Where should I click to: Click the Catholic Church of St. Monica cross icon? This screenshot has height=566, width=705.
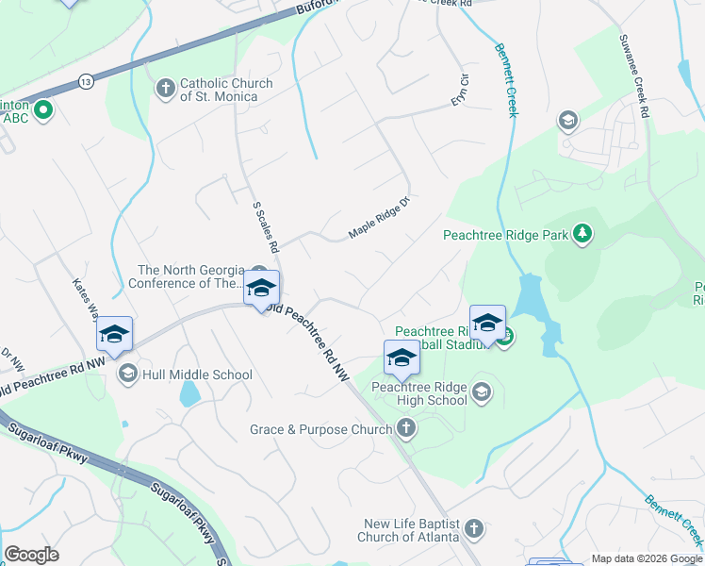(x=166, y=90)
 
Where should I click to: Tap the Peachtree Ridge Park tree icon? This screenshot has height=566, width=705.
(x=582, y=233)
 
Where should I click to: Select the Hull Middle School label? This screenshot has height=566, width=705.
(x=197, y=375)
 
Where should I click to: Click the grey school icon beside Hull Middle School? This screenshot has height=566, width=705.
(x=128, y=375)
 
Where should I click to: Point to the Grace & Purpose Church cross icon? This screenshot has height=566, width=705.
(x=405, y=429)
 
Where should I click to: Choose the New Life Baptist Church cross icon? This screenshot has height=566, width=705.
(x=473, y=529)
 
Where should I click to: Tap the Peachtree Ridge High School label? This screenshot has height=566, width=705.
(x=419, y=393)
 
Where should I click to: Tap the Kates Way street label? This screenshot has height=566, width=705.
(x=86, y=298)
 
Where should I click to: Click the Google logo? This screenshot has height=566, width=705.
(x=31, y=556)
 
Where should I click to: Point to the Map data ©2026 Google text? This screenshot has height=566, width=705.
(x=647, y=558)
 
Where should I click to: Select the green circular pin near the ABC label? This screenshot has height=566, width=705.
(x=42, y=111)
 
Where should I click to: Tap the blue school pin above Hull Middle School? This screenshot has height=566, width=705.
(x=114, y=335)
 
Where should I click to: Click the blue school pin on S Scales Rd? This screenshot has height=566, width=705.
(x=261, y=289)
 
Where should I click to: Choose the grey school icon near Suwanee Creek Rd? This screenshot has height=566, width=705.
(x=567, y=120)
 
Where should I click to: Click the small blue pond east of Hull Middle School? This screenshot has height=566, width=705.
(x=189, y=392)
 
